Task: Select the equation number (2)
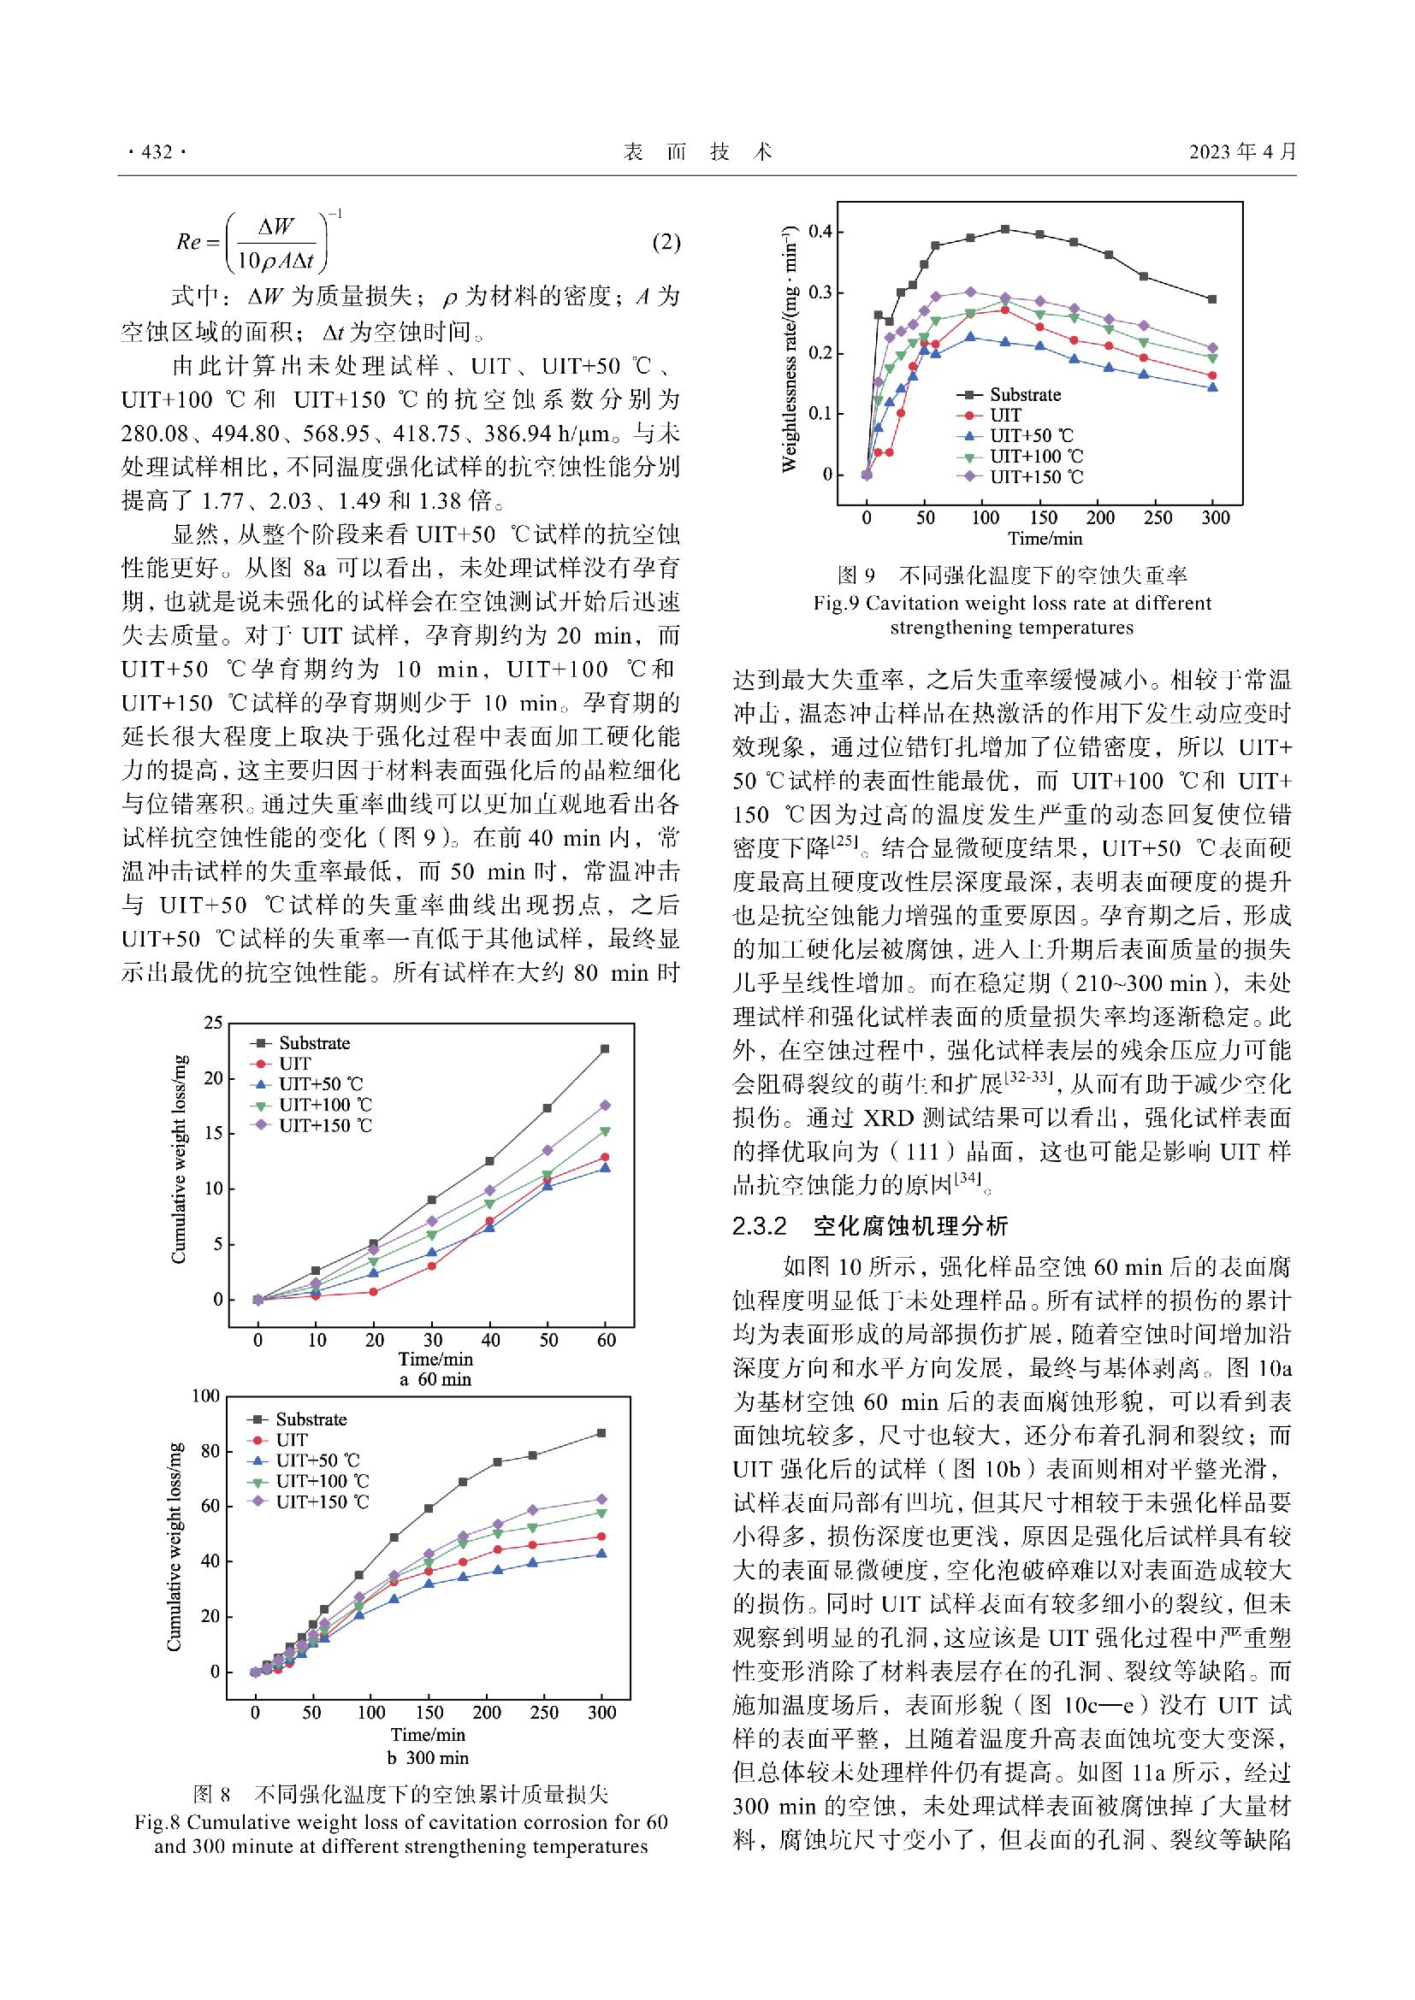point(666,242)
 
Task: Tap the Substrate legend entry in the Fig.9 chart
point(1025,394)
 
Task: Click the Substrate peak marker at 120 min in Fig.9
point(1004,229)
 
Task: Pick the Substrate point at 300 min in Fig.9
point(1212,298)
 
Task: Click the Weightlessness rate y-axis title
point(790,348)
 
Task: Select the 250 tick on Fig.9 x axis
point(1157,517)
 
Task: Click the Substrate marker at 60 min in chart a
point(605,1049)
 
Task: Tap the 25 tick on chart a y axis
point(214,1023)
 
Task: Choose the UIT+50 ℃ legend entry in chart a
point(320,1084)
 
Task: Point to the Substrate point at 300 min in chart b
point(601,1433)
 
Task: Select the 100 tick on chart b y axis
point(206,1396)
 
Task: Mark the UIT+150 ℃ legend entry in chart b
point(322,1501)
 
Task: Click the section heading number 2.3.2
point(760,1226)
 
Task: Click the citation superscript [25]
point(845,841)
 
